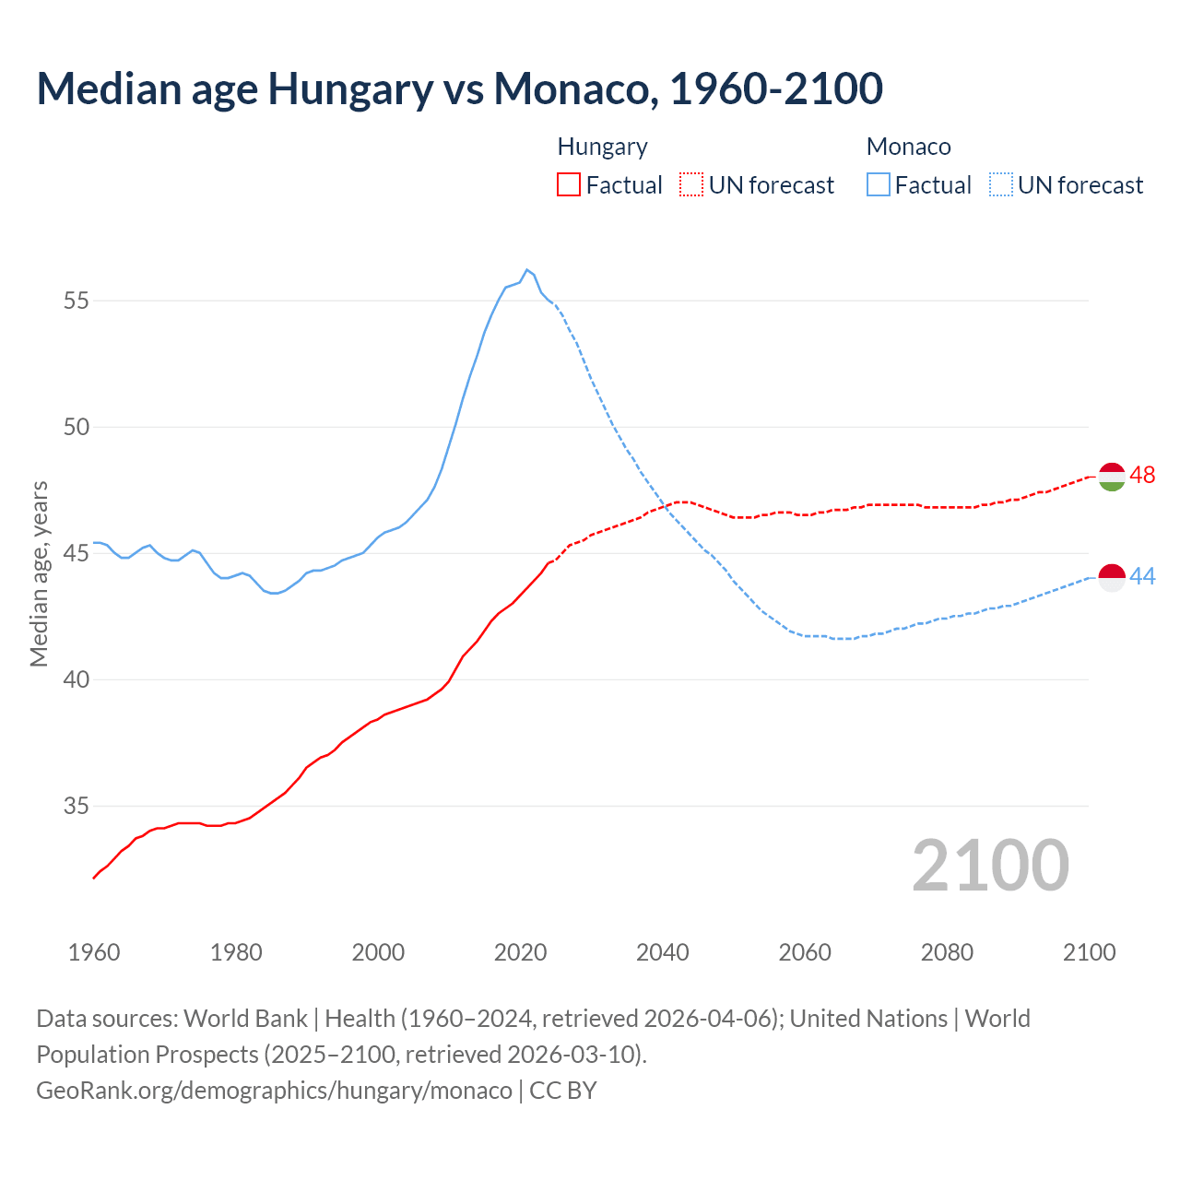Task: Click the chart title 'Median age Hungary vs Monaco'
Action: coord(459,88)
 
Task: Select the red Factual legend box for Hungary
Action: coord(569,184)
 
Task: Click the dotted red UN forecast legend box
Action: coord(691,184)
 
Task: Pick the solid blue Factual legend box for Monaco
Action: coord(879,184)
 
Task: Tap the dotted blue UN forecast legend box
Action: coord(1000,184)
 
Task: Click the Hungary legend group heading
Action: coord(602,147)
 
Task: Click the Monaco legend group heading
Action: coord(908,147)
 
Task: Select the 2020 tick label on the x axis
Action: coord(520,952)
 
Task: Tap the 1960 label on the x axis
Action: coord(94,952)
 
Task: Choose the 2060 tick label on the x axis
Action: coord(805,952)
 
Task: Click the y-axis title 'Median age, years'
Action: coord(39,573)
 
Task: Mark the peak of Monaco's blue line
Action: coord(526,270)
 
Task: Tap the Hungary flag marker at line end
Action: coord(1112,477)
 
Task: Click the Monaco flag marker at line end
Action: coord(1112,577)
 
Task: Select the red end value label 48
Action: coord(1142,475)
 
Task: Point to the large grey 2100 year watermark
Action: coord(990,866)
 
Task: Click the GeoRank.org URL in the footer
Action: coord(274,1090)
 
